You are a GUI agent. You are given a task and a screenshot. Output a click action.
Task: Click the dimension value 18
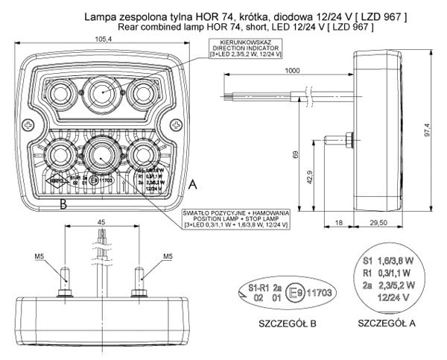point(339,223)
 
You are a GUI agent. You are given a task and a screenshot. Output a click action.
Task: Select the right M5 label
point(168,258)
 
